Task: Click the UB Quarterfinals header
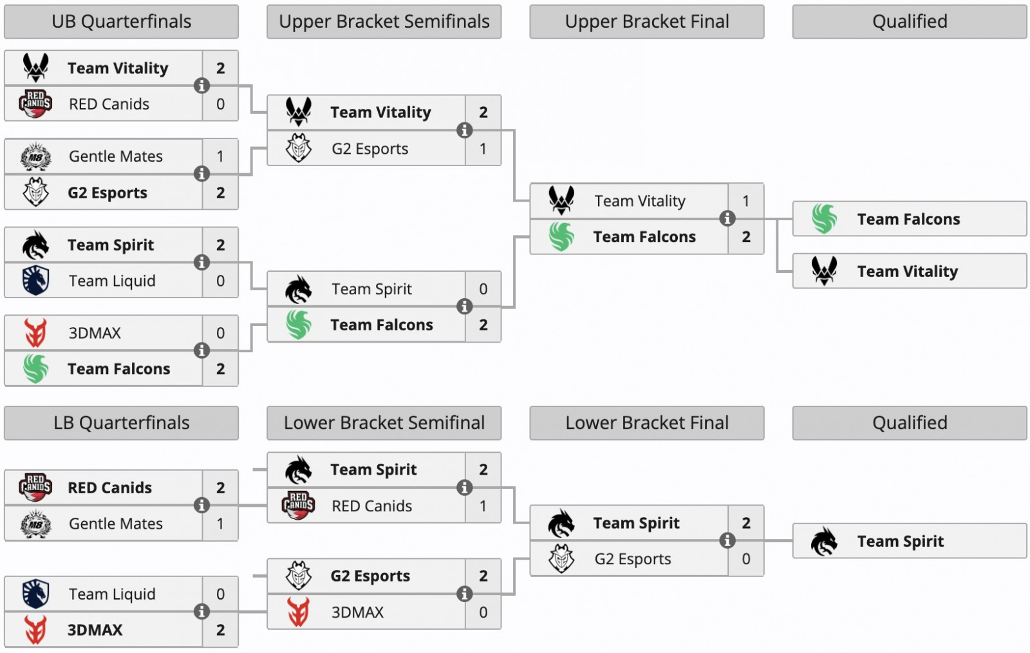[x=121, y=22]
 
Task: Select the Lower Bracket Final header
[x=646, y=423]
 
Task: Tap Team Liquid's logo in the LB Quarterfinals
[x=36, y=594]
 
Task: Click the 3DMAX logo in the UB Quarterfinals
[x=36, y=333]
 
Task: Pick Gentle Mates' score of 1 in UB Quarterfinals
[x=220, y=156]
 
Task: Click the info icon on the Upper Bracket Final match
[x=727, y=218]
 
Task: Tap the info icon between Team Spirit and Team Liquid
[x=201, y=262]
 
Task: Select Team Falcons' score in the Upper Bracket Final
[x=745, y=237]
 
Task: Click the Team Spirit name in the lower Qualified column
[x=900, y=542]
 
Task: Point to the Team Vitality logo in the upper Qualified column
[x=824, y=271]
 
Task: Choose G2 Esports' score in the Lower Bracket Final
[x=745, y=559]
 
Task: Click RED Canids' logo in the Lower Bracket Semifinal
[x=299, y=506]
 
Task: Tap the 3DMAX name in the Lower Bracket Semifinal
[x=357, y=612]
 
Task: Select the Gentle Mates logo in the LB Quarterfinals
[x=36, y=524]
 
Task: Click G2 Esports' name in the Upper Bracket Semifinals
[x=370, y=149]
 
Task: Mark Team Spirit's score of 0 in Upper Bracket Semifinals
[x=483, y=289]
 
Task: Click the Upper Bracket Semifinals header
[x=384, y=22]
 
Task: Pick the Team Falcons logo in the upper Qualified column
[x=824, y=219]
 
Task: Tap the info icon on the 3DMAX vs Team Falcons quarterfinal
[x=201, y=350]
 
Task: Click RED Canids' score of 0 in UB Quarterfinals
[x=220, y=104]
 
